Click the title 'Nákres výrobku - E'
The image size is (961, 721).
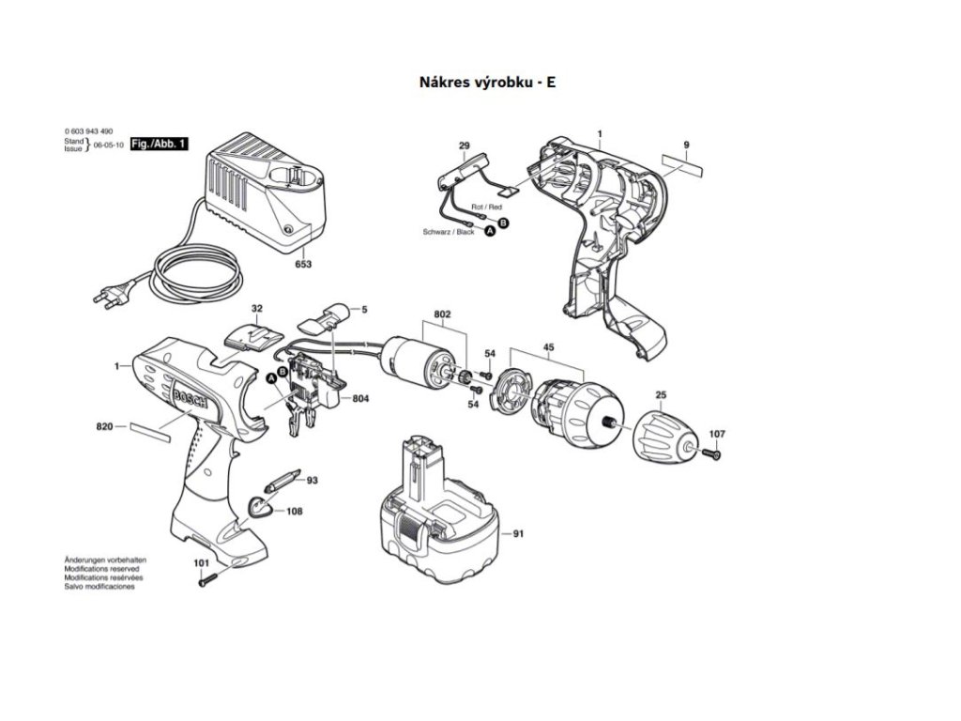tap(488, 82)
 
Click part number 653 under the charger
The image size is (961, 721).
tap(302, 264)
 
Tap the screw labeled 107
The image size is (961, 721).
tap(710, 454)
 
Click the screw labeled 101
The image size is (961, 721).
tap(208, 579)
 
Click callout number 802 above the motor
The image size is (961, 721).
tap(443, 314)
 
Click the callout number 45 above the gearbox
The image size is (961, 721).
tap(548, 345)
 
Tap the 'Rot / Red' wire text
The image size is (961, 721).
tap(486, 206)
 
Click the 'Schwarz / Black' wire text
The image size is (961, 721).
tap(451, 231)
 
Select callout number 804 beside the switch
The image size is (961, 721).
tap(360, 399)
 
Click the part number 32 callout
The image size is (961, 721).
tap(256, 308)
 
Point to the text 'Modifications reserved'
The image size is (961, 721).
tap(101, 569)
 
